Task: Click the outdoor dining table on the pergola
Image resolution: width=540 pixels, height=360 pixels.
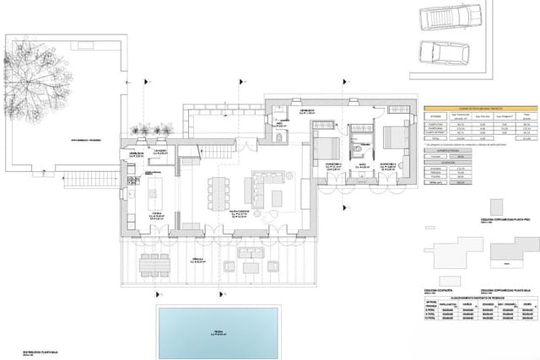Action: click(153, 264)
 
